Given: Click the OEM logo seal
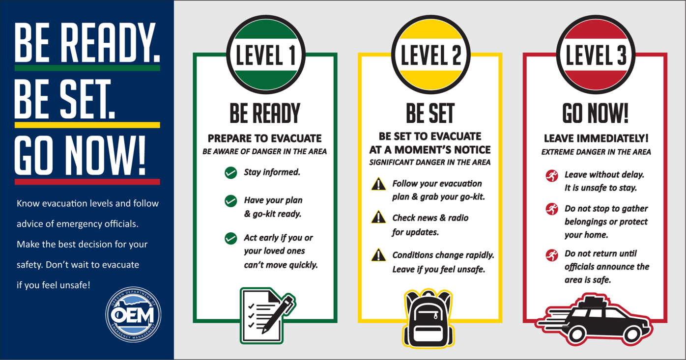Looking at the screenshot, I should [x=133, y=314].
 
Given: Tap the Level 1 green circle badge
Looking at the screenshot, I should [x=265, y=55].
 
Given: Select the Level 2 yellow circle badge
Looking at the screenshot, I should [x=430, y=55].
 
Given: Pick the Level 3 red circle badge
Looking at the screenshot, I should [x=596, y=55].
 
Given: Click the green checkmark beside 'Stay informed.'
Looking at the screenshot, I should [x=230, y=172].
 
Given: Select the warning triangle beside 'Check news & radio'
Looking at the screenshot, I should [x=378, y=217].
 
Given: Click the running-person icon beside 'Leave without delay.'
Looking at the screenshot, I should [x=552, y=175].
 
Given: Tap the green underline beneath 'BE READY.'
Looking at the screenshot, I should [x=87, y=68].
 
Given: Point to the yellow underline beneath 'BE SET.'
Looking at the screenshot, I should [x=87, y=125].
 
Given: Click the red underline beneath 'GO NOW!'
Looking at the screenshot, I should [x=87, y=182].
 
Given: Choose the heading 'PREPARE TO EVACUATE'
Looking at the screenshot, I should [x=264, y=138].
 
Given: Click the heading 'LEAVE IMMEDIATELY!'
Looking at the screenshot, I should [x=596, y=138].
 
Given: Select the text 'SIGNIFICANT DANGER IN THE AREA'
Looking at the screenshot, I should [x=430, y=162].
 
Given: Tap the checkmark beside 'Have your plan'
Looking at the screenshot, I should [x=230, y=200].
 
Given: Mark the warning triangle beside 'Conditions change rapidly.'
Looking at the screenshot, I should [x=378, y=255].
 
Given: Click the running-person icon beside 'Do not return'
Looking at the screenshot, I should [x=552, y=255].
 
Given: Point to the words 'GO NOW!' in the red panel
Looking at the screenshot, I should [x=596, y=113].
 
